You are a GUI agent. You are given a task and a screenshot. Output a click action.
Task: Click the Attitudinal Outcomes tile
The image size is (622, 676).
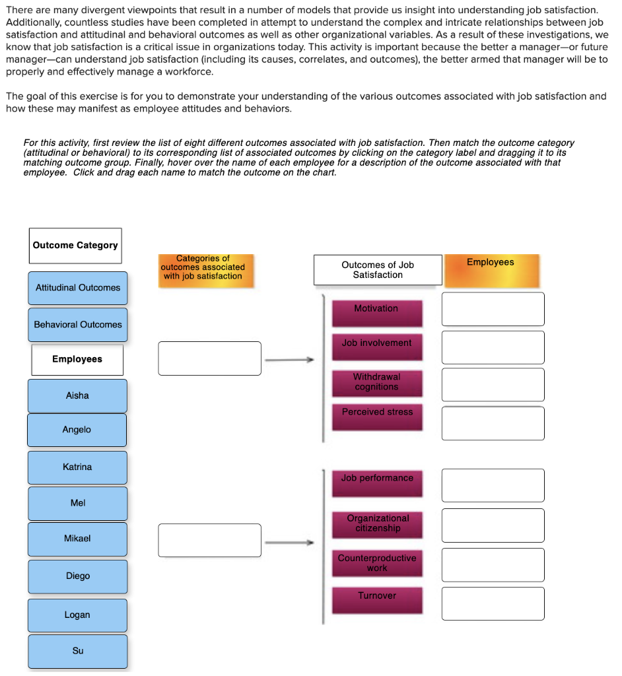78,288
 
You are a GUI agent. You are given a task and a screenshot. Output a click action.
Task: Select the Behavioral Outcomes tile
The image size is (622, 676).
78,325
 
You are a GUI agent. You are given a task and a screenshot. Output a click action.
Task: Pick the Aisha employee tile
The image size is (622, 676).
77,395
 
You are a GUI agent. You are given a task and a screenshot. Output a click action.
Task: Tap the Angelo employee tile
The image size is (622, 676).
77,430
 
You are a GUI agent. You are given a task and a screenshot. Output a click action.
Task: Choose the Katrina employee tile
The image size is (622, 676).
77,467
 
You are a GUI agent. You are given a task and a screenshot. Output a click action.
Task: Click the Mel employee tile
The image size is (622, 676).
77,503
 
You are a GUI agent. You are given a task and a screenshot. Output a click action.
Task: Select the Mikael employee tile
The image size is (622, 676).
77,539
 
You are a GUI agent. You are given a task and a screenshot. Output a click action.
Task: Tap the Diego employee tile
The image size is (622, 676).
77,576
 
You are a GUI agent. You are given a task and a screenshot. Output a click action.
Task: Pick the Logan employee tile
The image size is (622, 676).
77,615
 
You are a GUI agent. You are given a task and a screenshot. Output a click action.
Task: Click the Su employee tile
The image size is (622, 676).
77,651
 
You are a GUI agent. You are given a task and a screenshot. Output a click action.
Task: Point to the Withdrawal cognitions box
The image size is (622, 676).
376,383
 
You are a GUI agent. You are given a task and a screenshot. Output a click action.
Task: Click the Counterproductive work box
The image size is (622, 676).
377,563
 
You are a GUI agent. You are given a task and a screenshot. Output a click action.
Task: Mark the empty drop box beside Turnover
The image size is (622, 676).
493,603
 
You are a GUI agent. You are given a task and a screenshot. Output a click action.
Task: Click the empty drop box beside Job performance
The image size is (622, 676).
493,485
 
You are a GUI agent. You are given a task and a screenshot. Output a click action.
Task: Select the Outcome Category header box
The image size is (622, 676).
75,246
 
